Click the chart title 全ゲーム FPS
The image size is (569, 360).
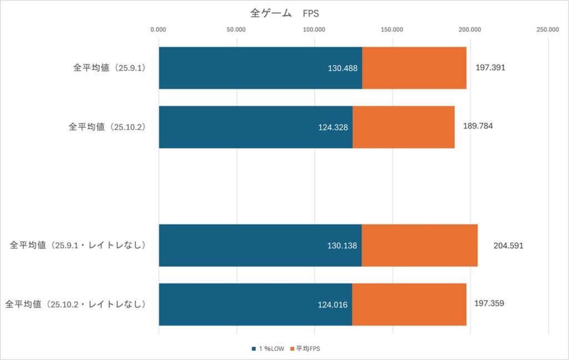click(284, 13)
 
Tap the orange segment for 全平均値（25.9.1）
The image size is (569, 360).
click(414, 68)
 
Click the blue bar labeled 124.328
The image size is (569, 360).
click(256, 127)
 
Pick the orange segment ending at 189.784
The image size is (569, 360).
click(403, 127)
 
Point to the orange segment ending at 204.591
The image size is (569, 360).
click(420, 246)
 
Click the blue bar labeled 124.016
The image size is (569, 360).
click(255, 304)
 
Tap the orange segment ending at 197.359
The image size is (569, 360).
click(409, 304)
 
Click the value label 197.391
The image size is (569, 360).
click(491, 67)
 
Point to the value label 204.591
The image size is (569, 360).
click(508, 245)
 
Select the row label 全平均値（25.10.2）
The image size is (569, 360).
click(107, 127)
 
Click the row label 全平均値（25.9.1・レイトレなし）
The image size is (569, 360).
click(77, 245)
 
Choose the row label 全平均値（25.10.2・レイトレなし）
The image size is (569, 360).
click(75, 304)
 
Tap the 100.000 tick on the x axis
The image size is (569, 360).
click(315, 29)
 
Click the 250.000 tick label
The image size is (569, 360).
click(548, 29)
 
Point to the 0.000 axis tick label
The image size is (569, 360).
click(159, 29)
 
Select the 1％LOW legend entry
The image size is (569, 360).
click(267, 348)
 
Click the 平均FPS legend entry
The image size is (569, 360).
click(307, 348)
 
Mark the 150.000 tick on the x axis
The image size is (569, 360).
click(392, 29)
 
